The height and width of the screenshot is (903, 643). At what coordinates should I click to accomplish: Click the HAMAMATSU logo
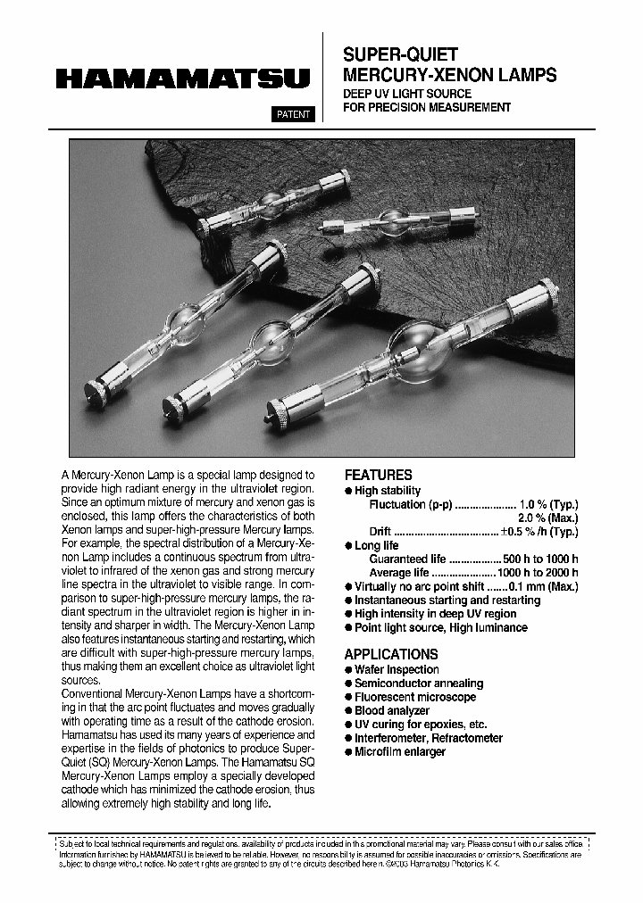point(182,79)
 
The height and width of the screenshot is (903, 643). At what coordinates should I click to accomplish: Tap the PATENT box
point(292,114)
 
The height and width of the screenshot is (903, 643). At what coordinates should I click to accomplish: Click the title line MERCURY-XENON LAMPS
point(450,76)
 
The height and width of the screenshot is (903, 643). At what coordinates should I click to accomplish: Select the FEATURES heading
point(379,476)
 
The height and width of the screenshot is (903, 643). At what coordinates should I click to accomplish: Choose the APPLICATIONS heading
point(391,654)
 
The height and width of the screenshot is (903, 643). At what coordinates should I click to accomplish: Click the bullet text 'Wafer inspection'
point(397,669)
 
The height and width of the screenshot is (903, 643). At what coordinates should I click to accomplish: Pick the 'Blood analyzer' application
point(392,711)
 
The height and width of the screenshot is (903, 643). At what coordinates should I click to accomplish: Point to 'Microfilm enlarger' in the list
point(400,752)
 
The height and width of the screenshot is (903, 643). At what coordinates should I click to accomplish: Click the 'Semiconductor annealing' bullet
point(419,683)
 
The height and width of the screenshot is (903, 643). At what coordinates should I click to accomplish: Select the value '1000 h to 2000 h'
point(538,573)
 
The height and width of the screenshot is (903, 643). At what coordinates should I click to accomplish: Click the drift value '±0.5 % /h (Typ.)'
point(539,532)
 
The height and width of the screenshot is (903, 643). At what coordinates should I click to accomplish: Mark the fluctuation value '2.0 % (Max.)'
point(547,518)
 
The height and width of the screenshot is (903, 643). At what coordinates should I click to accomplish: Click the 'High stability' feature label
point(388,491)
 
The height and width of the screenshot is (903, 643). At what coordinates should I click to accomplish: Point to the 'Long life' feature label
point(377,545)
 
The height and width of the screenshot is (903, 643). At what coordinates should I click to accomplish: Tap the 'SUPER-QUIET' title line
point(401,55)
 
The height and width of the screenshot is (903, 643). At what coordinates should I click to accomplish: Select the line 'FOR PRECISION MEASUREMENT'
point(428,108)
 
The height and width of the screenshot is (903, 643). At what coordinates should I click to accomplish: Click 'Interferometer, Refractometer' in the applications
point(429,739)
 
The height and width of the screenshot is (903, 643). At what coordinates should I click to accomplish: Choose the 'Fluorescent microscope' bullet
point(415,697)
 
